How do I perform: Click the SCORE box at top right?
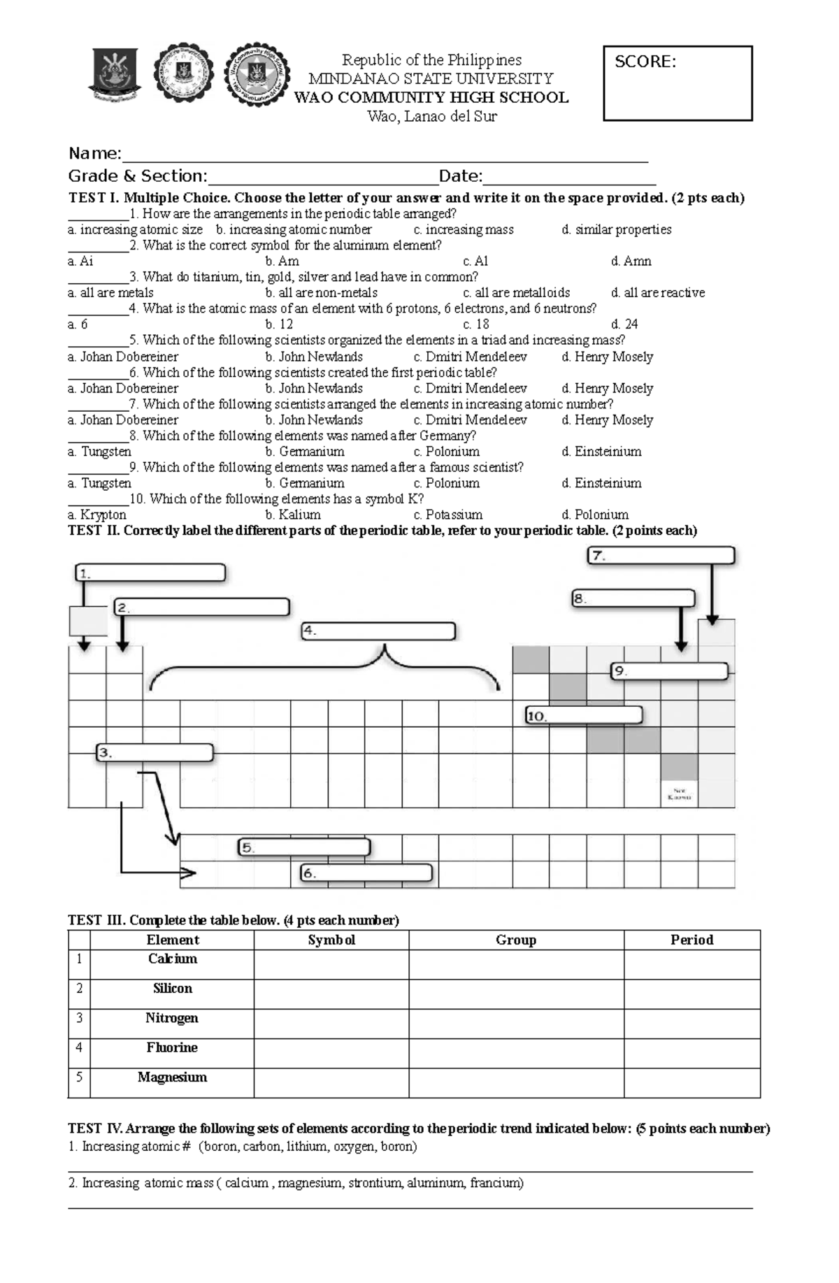(x=677, y=84)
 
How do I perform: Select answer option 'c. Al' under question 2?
(x=475, y=261)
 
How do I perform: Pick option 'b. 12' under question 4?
(x=279, y=324)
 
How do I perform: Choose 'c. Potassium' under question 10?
(x=447, y=515)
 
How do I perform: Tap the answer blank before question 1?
(x=98, y=214)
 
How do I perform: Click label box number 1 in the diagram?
(x=150, y=573)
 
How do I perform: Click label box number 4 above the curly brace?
(x=378, y=631)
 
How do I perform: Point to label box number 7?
(x=661, y=556)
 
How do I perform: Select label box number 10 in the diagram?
(x=584, y=715)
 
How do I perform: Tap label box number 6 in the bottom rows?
(x=366, y=873)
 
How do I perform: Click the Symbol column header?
(x=331, y=940)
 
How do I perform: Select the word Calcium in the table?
(x=172, y=959)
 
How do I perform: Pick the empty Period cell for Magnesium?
(x=691, y=1082)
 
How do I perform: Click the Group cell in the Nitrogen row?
(x=516, y=1023)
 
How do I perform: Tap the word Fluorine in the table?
(x=172, y=1047)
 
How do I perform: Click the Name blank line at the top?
(x=385, y=154)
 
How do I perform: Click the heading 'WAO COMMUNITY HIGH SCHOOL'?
(x=431, y=97)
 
